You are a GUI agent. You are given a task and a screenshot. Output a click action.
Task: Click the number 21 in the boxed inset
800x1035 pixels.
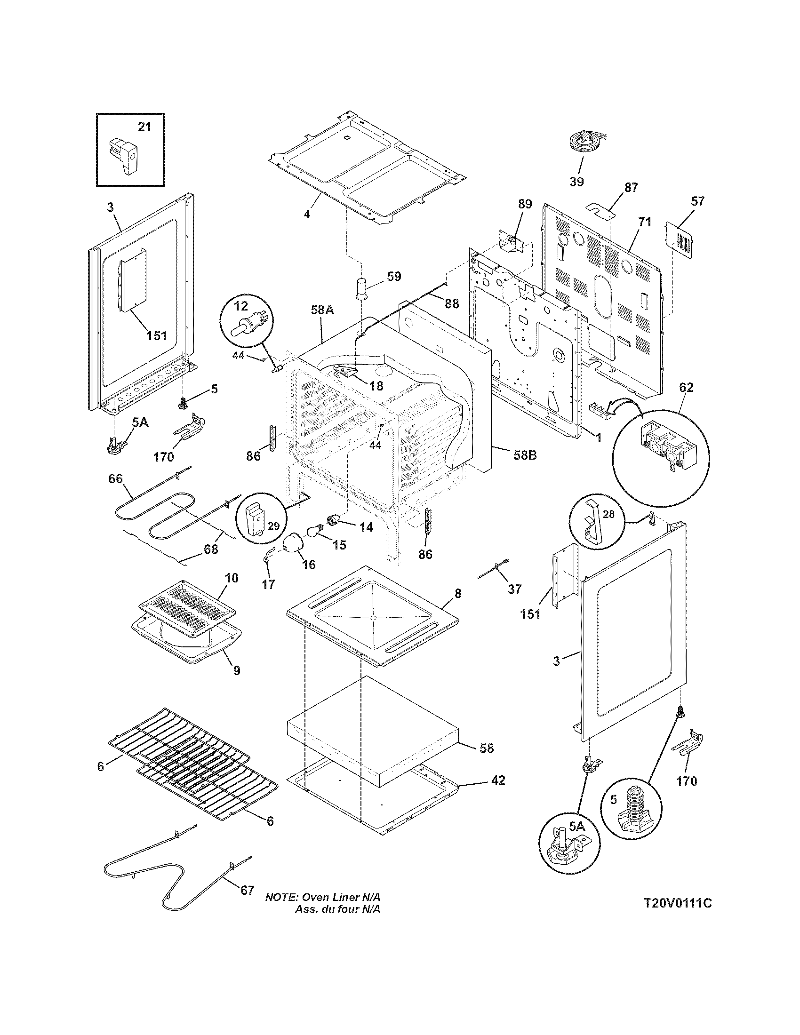pos(144,127)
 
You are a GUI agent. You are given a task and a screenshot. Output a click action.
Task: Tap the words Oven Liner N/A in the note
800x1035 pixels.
pos(341,897)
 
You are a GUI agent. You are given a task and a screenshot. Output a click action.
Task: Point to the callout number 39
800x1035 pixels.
pos(576,182)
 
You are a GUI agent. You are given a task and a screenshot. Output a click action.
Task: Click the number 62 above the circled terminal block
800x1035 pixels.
pos(686,387)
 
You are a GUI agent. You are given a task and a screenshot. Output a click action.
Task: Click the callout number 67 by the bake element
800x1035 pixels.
pos(247,890)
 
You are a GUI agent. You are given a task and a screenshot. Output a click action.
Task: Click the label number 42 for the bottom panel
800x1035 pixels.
pos(497,780)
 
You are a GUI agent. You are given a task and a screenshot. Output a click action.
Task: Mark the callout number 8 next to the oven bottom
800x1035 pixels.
pos(457,593)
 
